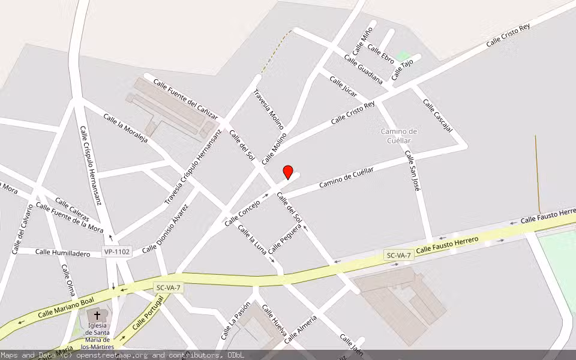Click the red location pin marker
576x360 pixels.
pos(288,172)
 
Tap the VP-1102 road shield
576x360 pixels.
pos(116,252)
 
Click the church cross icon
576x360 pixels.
pos(97,315)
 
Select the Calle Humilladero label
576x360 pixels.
pos(63,253)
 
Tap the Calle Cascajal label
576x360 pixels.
pos(437,114)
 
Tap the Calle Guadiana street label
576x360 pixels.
pos(363,69)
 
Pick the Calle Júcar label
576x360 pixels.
pos(343,87)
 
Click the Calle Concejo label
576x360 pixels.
pos(242,214)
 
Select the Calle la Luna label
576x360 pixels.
pos(252,239)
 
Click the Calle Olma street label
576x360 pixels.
pos(68,278)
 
